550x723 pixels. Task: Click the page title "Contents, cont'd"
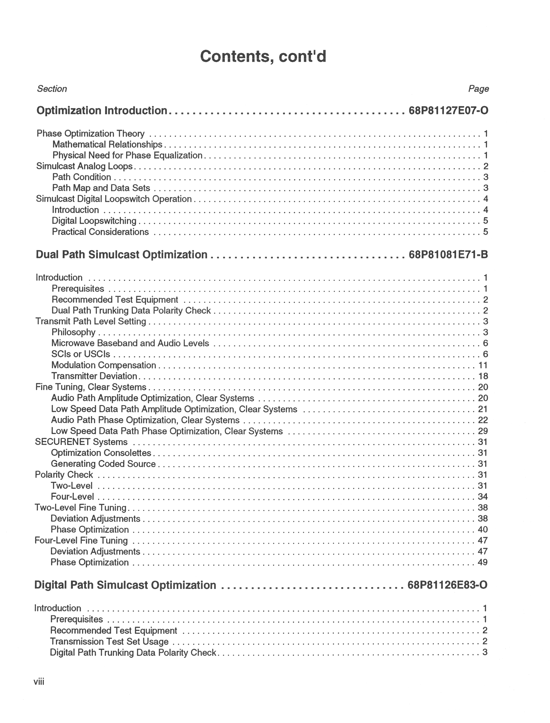tap(263, 57)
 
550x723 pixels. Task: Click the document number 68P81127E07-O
tap(448, 111)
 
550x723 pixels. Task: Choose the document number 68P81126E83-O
tap(448, 585)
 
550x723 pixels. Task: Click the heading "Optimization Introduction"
tap(102, 111)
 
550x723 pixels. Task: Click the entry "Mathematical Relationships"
tap(107, 145)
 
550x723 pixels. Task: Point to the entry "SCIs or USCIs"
tap(81, 354)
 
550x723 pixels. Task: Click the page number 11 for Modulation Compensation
tap(483, 365)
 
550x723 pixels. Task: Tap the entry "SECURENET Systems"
tap(81, 442)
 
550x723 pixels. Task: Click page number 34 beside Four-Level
tap(483, 497)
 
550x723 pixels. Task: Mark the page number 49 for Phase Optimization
tap(483, 562)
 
